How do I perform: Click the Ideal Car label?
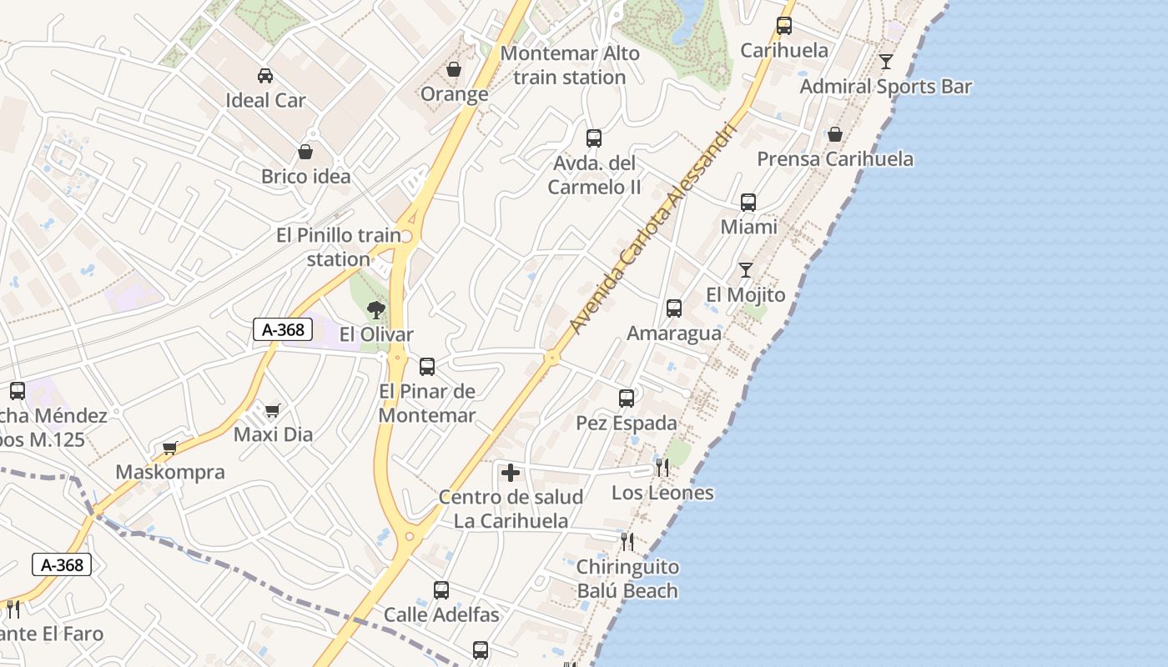[x=265, y=101]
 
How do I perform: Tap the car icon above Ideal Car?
[x=265, y=76]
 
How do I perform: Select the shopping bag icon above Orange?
[x=454, y=69]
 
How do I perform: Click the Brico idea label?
[x=305, y=177]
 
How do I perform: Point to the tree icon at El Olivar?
[x=376, y=311]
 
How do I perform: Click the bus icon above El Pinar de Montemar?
[x=427, y=366]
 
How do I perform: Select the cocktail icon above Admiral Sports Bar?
[x=886, y=62]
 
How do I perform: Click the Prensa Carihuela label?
[x=834, y=159]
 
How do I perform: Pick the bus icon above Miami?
[x=748, y=203]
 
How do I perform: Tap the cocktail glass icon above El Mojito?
[x=746, y=270]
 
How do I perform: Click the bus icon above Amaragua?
[x=674, y=308]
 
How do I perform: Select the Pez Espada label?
[x=627, y=424]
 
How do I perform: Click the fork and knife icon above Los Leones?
[x=662, y=468]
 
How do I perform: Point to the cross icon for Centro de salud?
[x=511, y=474]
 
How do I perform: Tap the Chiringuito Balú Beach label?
[x=627, y=579]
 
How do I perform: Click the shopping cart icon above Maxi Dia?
[x=272, y=410]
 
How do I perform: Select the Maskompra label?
[x=170, y=472]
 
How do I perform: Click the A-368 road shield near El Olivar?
[x=283, y=329]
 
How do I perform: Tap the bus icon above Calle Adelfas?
[x=441, y=590]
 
